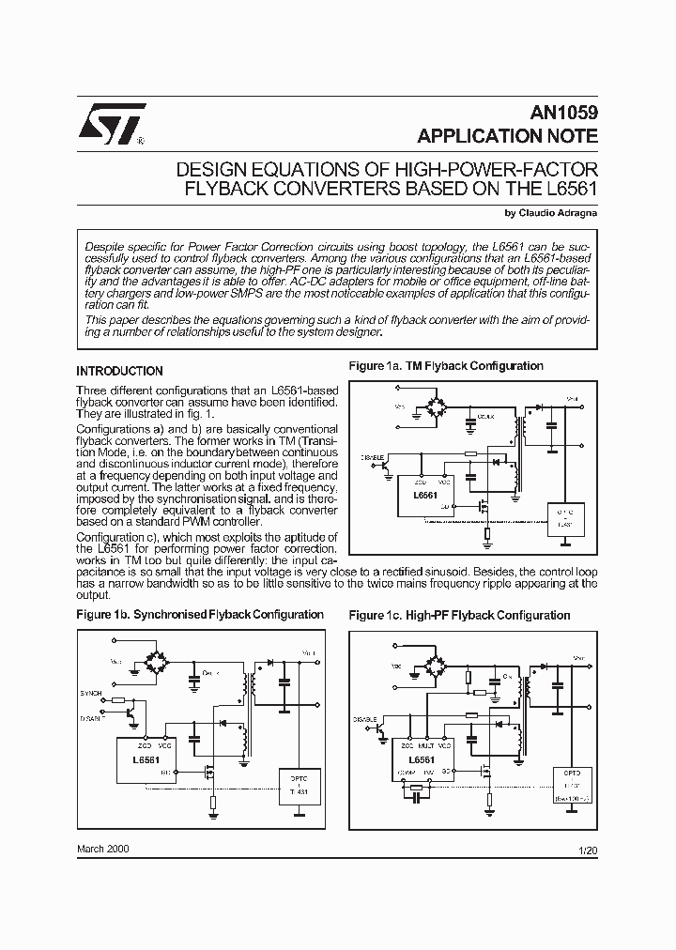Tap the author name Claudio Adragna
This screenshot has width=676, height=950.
point(556,212)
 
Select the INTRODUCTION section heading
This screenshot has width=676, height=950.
point(119,371)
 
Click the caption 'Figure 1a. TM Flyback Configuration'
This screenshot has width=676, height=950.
point(446,366)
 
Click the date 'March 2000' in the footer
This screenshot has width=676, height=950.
point(103,848)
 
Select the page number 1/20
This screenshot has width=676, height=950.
point(589,850)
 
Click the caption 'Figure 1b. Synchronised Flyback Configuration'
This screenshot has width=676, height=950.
point(200,615)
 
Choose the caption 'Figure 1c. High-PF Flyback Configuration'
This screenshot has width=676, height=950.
point(459,615)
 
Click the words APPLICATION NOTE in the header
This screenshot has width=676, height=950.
point(507,136)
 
